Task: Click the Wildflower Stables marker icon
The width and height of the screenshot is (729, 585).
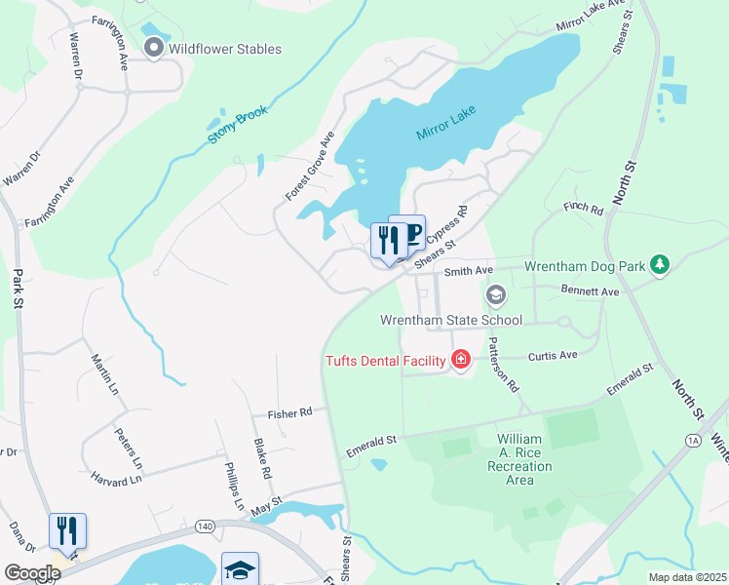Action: pyautogui.click(x=154, y=49)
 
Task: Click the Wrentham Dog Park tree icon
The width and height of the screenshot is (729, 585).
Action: pyautogui.click(x=661, y=265)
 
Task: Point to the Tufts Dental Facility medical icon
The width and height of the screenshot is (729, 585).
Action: pyautogui.click(x=461, y=361)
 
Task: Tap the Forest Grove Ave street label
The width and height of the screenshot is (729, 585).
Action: pyautogui.click(x=310, y=166)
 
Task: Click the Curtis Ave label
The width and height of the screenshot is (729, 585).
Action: pyautogui.click(x=553, y=356)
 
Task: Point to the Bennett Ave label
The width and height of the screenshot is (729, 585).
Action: pyautogui.click(x=591, y=292)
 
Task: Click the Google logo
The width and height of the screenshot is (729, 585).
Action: pyautogui.click(x=32, y=572)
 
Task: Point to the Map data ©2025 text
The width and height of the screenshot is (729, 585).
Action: pyautogui.click(x=685, y=577)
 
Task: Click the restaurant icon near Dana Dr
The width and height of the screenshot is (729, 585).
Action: pyautogui.click(x=67, y=530)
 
